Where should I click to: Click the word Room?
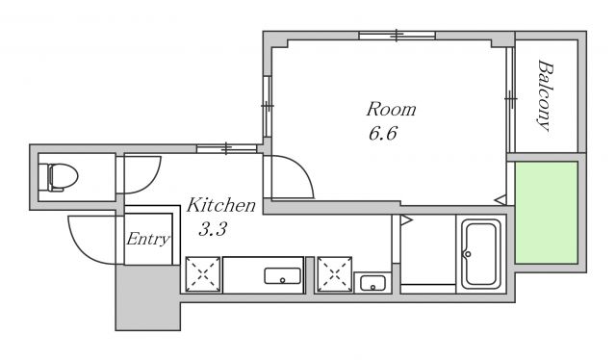click(391, 110)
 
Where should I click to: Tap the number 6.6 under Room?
click(383, 133)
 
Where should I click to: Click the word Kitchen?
click(220, 205)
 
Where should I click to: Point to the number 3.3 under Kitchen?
click(213, 229)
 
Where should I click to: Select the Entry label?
click(147, 239)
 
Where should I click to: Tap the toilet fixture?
click(63, 177)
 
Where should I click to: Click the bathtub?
click(481, 254)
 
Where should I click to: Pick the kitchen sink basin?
click(282, 276)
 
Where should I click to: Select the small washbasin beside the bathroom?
click(372, 283)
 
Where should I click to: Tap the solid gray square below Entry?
click(147, 297)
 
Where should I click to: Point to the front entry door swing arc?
click(81, 245)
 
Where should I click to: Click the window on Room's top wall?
click(397, 36)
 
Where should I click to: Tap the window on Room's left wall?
click(268, 106)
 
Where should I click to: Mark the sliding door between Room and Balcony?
click(510, 100)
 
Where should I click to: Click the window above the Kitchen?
click(226, 148)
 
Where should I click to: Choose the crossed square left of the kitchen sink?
click(203, 274)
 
